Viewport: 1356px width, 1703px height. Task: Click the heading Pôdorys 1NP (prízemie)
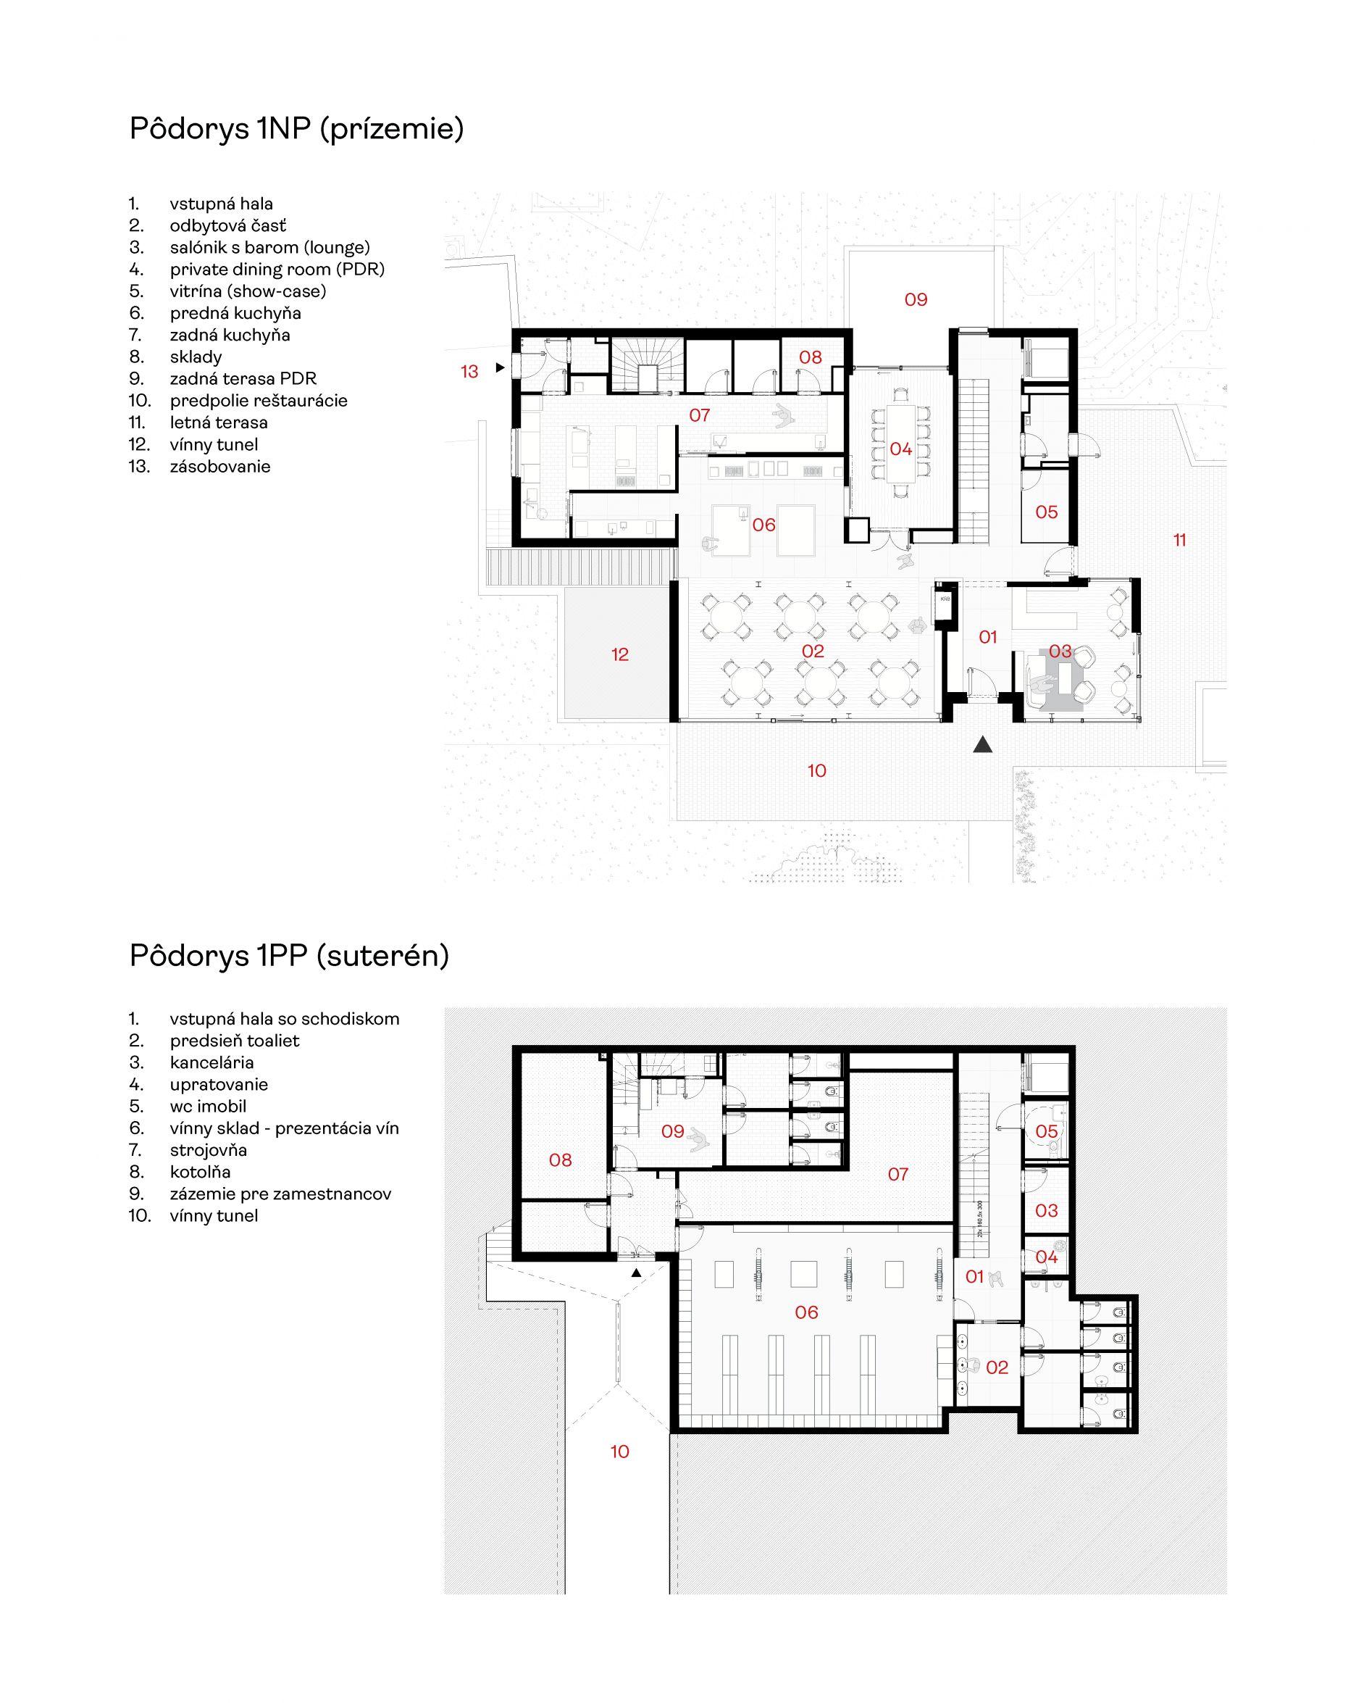tap(296, 128)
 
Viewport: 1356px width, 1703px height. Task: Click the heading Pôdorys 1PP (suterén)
tap(289, 955)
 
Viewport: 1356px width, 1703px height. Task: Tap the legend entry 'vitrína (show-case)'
tap(248, 291)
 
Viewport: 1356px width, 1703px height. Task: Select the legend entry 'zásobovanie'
tap(219, 466)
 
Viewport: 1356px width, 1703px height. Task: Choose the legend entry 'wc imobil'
tap(208, 1106)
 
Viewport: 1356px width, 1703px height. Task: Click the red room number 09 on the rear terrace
tap(916, 299)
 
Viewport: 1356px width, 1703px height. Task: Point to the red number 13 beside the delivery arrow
tap(469, 371)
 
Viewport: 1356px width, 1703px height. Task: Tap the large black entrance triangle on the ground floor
tap(982, 744)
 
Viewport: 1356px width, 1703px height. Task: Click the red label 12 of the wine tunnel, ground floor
tap(620, 654)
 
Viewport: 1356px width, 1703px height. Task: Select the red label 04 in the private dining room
tap(901, 449)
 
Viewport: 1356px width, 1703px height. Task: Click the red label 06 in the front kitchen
tap(763, 525)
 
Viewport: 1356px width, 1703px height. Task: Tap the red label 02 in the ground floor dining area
tap(813, 651)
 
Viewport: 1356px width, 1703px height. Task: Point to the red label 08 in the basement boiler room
tap(561, 1159)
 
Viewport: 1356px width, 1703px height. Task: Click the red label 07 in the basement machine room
tap(898, 1174)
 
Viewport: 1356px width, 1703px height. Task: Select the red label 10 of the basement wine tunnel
tap(620, 1451)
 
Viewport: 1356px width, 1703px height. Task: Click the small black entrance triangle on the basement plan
tap(637, 1273)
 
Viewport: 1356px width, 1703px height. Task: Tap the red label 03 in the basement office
tap(1047, 1210)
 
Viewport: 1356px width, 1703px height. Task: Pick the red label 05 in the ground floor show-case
tap(1047, 512)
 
